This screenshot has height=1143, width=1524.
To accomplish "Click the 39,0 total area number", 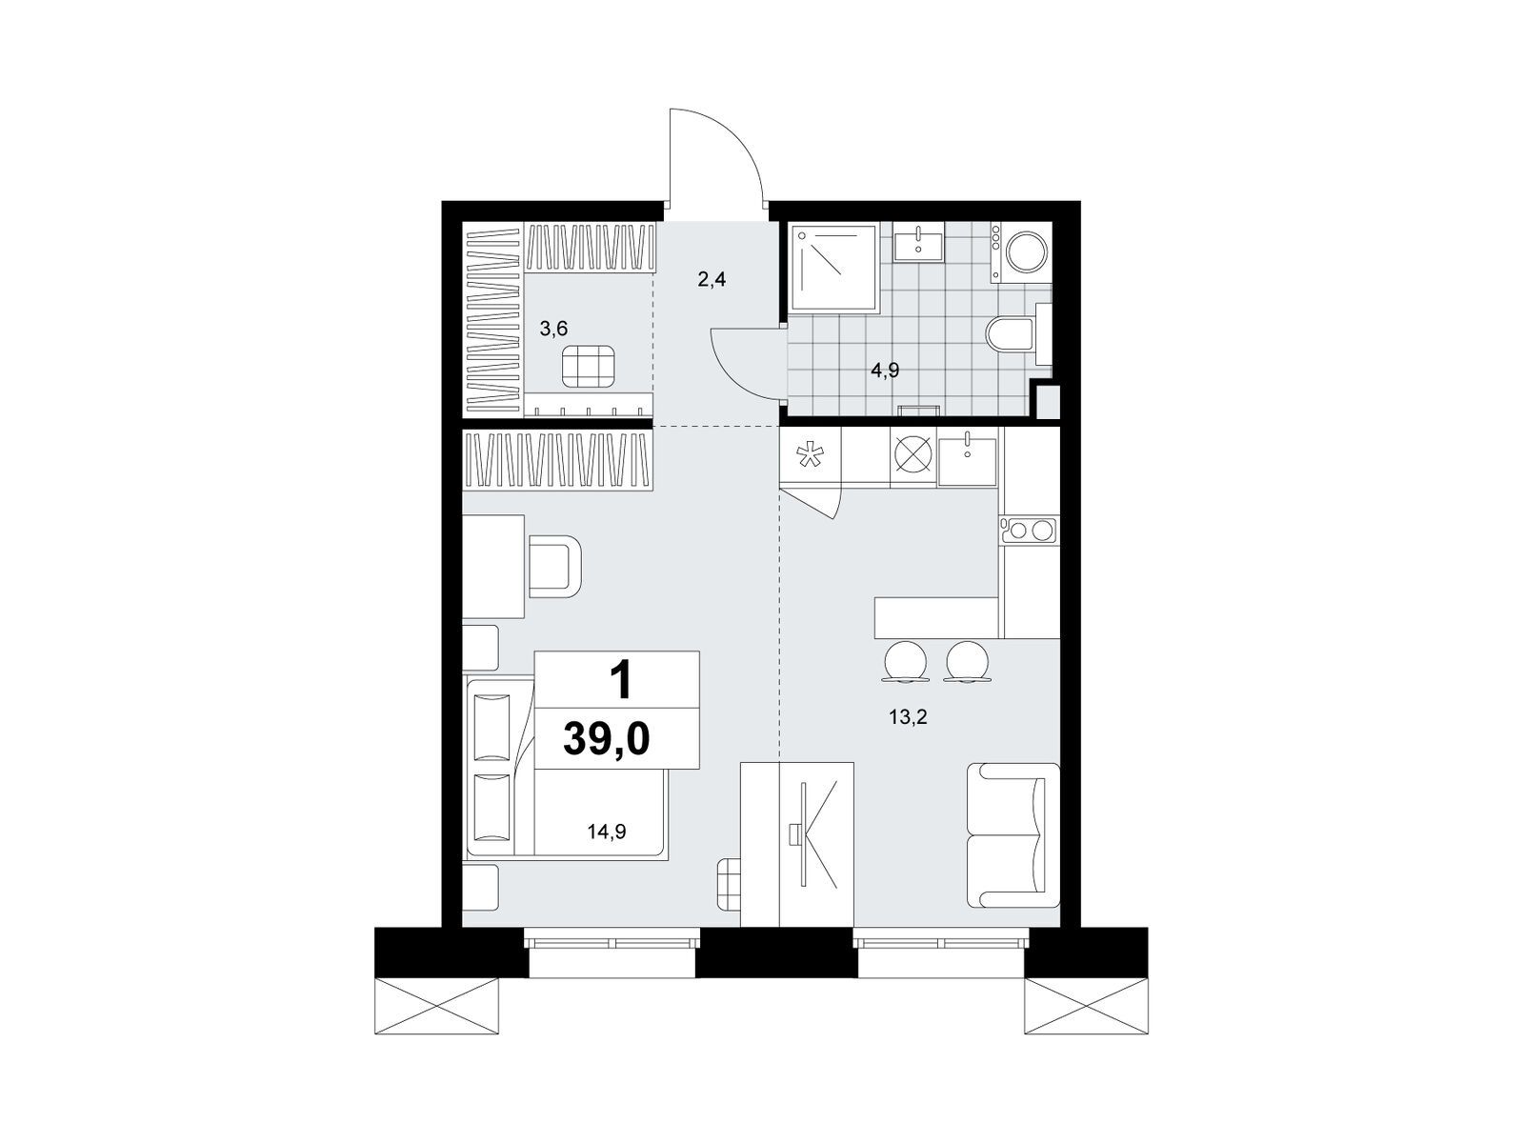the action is coord(606,737).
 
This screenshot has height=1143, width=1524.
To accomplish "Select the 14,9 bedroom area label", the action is coord(606,832).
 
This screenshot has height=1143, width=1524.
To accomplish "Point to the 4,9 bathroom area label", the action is coord(885,371).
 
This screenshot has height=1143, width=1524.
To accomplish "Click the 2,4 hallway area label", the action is coord(712,280).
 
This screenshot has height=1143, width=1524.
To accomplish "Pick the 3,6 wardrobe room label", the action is coord(554,329).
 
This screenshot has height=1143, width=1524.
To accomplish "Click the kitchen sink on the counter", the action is coord(967,456).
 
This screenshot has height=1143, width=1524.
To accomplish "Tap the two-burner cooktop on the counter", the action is coord(1030,531).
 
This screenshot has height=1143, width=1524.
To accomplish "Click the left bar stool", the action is coord(905,661).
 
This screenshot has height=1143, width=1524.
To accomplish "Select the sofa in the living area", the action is coord(1013,835).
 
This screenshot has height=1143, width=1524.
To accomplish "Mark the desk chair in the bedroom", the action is coord(555,566).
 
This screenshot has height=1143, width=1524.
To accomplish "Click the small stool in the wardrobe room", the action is coord(588,366).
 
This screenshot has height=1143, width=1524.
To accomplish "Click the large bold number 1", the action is coord(622,680).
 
